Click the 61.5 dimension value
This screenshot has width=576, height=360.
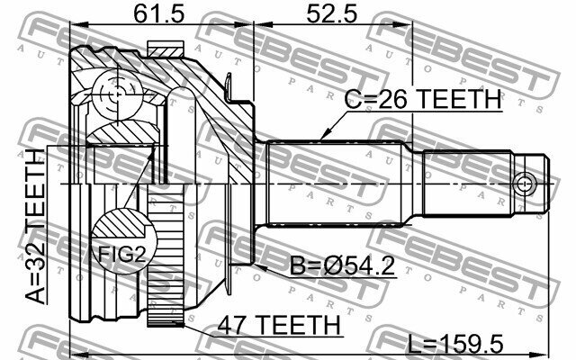pyautogui.click(x=158, y=14)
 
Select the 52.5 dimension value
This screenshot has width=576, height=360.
pyautogui.click(x=332, y=14)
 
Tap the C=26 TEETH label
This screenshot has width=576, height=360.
pyautogui.click(x=423, y=99)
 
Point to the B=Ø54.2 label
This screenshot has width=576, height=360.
pyautogui.click(x=342, y=265)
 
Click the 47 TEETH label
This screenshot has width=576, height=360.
pyautogui.click(x=279, y=325)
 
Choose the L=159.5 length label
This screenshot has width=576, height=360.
pyautogui.click(x=456, y=345)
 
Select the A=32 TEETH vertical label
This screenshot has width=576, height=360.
pyautogui.click(x=35, y=226)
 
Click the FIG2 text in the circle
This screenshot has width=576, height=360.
pyautogui.click(x=122, y=254)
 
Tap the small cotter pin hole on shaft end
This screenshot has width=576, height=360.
pyautogui.click(x=524, y=183)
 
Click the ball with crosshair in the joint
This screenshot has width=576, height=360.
pyautogui.click(x=117, y=95)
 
